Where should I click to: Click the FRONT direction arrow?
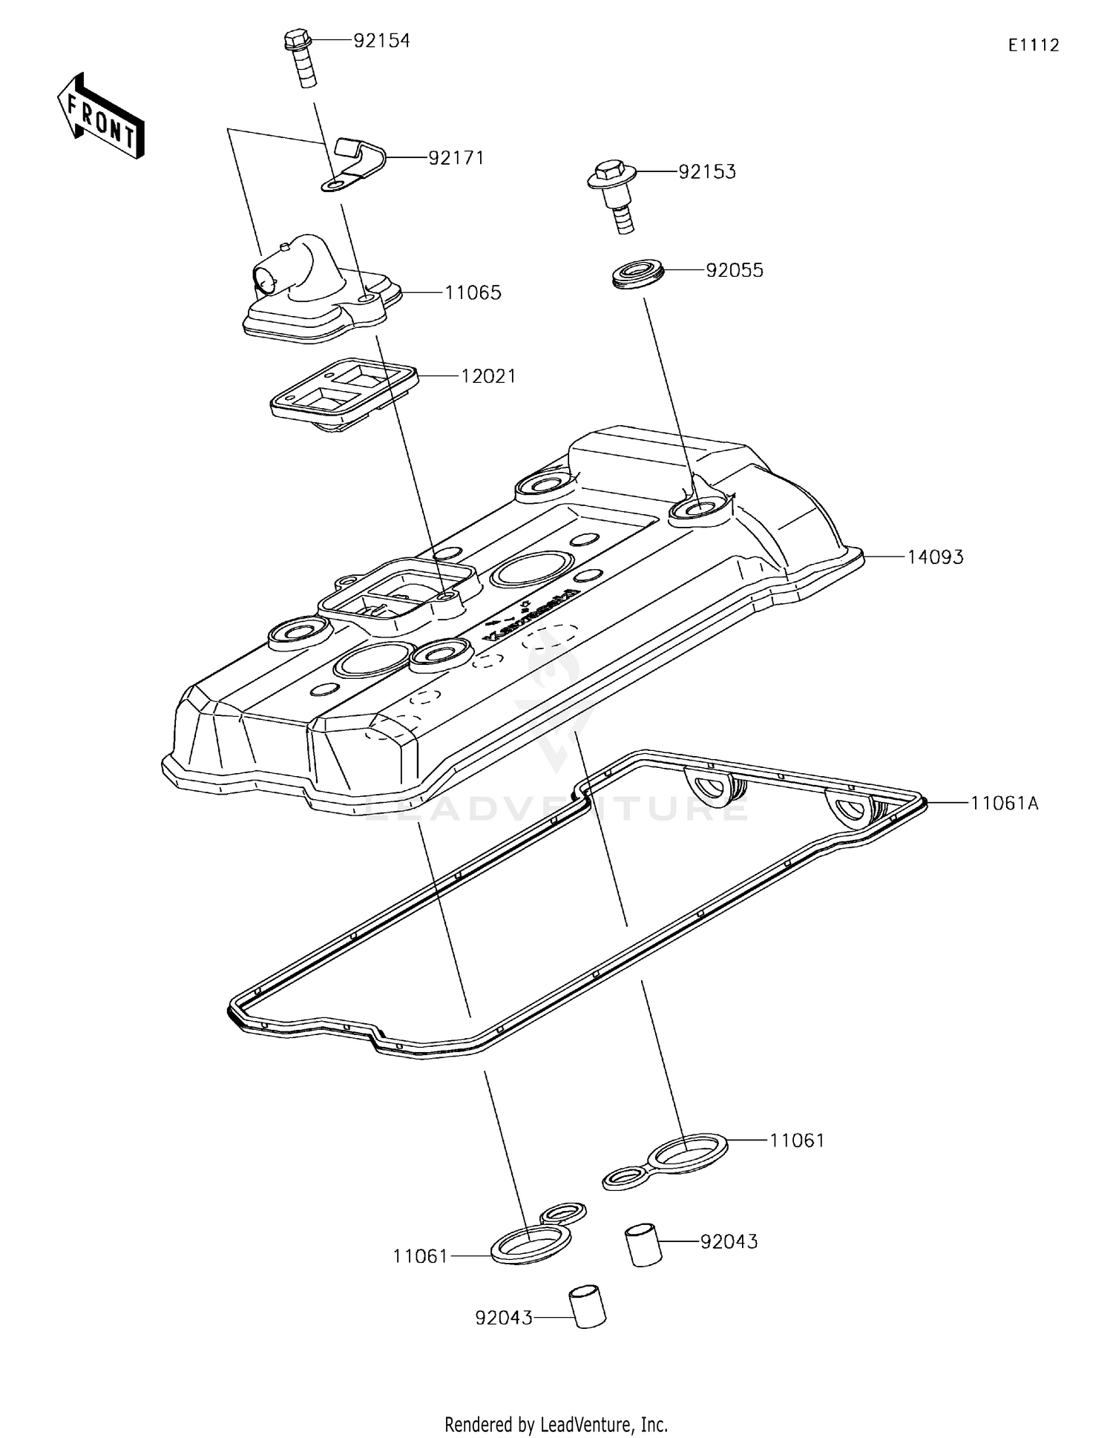click(101, 117)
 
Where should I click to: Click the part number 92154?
click(381, 41)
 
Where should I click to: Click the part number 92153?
click(707, 171)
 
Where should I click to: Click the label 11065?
click(473, 292)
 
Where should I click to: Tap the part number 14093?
click(935, 557)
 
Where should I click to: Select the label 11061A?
click(1004, 803)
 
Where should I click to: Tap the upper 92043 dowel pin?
click(643, 1246)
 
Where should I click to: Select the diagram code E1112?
click(1033, 45)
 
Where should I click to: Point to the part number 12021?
click(488, 376)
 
